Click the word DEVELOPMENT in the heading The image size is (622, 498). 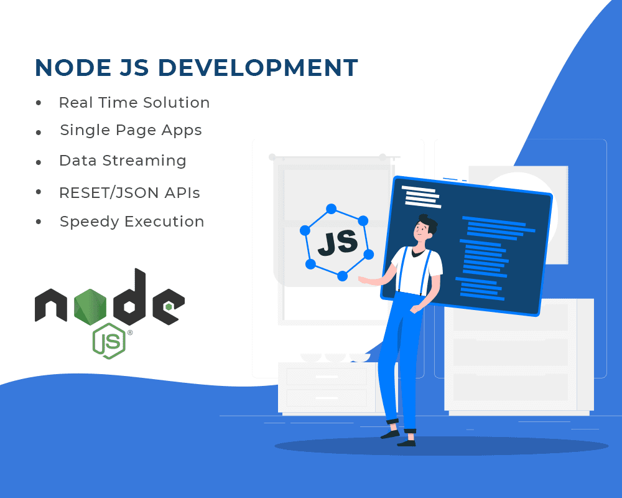pyautogui.click(x=258, y=67)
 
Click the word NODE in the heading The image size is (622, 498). pyautogui.click(x=73, y=67)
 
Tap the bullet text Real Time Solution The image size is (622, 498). pyautogui.click(x=134, y=103)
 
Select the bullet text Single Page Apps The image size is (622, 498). pyautogui.click(x=131, y=131)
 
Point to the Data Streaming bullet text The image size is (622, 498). pyautogui.click(x=123, y=161)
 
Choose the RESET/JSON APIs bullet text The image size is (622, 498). pyautogui.click(x=129, y=192)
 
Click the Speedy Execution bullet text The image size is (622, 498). pyautogui.click(x=132, y=222)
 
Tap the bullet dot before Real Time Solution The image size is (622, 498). pyautogui.click(x=39, y=103)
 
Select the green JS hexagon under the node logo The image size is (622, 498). pyautogui.click(x=109, y=341)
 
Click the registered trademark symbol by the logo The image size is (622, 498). pyautogui.click(x=130, y=333)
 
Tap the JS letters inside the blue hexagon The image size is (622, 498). pyautogui.click(x=338, y=243)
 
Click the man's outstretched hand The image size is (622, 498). pyautogui.click(x=363, y=280)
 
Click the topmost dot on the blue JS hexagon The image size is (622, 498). pyautogui.click(x=332, y=209)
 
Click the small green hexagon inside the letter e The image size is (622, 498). pyautogui.click(x=169, y=307)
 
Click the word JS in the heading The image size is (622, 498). pyautogui.click(x=134, y=67)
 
